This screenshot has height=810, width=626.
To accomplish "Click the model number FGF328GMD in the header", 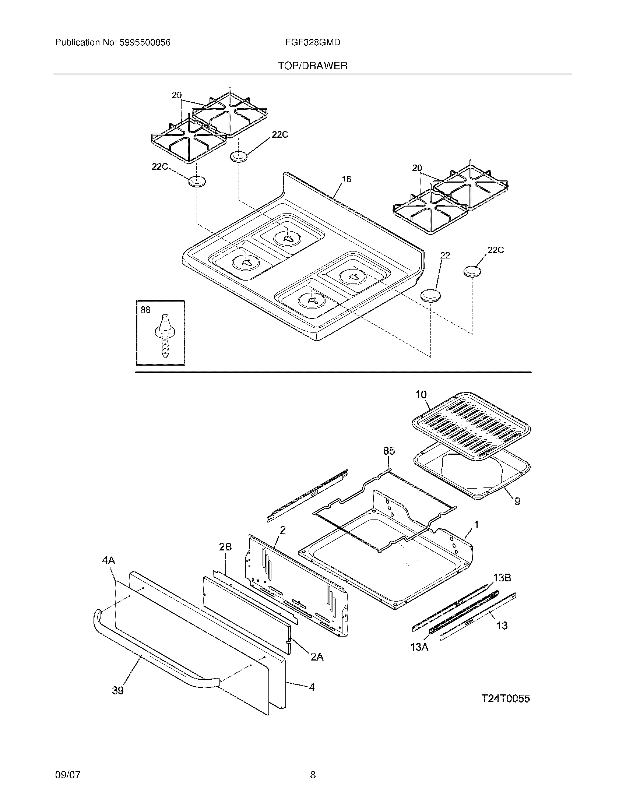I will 313,43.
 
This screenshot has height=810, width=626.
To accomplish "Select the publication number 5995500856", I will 145,43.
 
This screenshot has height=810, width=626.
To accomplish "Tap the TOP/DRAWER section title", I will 313,66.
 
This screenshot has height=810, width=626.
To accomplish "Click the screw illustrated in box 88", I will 163,336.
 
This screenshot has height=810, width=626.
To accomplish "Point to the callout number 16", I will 346,180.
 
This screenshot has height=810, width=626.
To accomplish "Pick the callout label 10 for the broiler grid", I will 421,395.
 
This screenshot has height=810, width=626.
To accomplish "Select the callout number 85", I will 388,451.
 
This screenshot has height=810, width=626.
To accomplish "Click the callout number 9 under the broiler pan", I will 517,501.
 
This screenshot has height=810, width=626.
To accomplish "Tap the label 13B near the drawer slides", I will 502,577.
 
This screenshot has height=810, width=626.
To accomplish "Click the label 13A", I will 419,647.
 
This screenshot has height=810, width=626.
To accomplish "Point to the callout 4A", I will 109,560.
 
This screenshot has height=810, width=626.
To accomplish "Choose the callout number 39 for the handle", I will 117,691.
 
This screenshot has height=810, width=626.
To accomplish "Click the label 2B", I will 225,547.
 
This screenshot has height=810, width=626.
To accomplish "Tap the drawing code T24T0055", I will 506,699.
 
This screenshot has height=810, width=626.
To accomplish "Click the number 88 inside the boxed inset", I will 145,310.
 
